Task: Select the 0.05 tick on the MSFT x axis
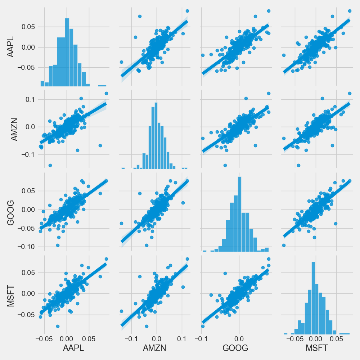coord(336,339)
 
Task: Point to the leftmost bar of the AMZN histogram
coord(123,168)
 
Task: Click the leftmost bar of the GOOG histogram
coord(204,251)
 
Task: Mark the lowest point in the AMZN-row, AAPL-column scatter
coord(50,165)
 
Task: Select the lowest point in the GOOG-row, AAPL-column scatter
coord(57,245)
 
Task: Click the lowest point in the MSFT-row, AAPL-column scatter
coord(58,326)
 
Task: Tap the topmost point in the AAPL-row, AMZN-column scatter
coord(187,11)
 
